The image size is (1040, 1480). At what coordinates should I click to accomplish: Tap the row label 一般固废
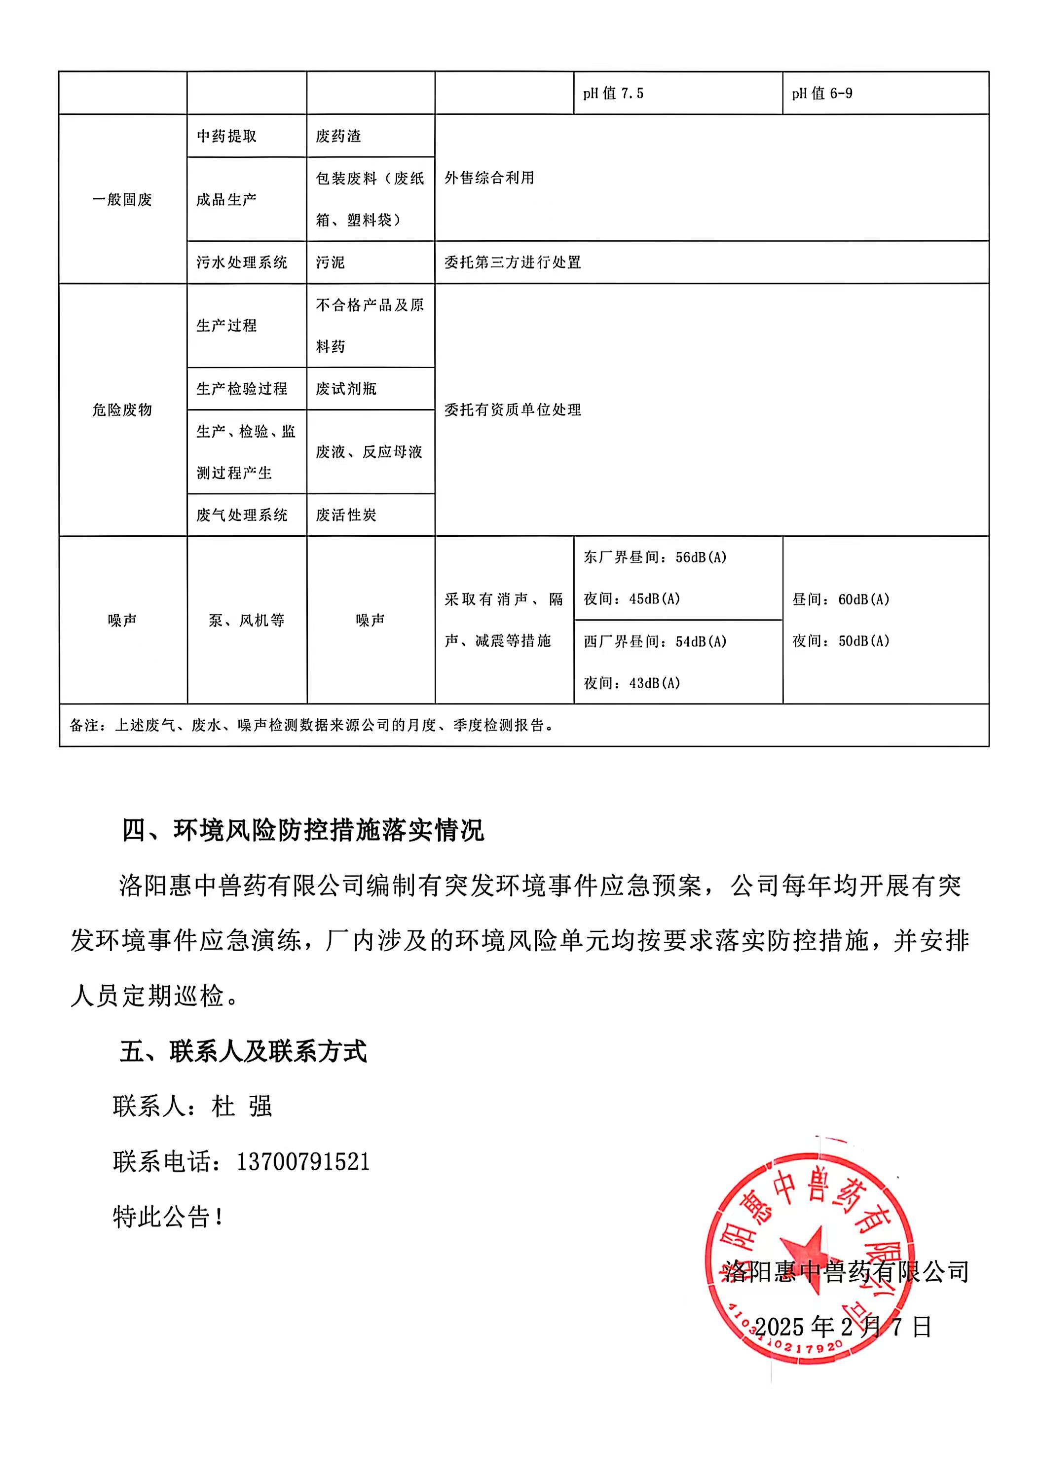tap(122, 200)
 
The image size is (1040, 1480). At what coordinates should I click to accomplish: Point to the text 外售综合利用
tap(489, 178)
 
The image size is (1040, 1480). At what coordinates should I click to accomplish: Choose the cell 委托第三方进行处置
tap(513, 262)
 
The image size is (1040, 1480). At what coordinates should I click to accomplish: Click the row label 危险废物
tap(122, 410)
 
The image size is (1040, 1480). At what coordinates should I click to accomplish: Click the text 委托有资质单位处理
tap(513, 410)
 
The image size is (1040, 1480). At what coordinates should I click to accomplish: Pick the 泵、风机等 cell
tap(246, 621)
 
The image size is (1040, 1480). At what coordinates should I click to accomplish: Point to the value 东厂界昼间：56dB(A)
tap(654, 557)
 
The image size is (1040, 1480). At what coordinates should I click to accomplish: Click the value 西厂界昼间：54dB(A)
tap(654, 642)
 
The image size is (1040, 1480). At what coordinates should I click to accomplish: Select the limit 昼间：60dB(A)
tap(841, 599)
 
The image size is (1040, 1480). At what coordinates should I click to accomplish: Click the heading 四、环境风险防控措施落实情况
tap(303, 830)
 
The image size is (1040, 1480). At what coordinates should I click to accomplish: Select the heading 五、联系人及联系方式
tap(243, 1051)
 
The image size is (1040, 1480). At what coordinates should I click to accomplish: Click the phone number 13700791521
tap(303, 1162)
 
